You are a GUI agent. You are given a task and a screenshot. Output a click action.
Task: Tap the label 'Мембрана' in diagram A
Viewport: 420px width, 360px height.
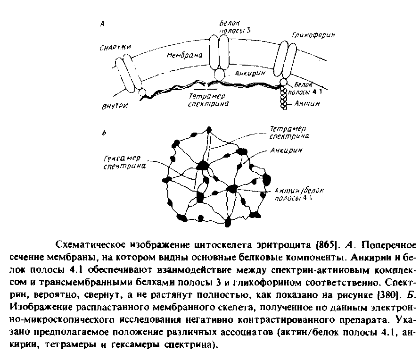(x=184, y=55)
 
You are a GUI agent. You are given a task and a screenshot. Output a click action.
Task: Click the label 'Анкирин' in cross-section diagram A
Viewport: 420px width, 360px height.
(x=250, y=74)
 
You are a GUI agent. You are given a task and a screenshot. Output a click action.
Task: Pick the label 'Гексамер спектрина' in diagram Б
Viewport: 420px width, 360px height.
(x=124, y=162)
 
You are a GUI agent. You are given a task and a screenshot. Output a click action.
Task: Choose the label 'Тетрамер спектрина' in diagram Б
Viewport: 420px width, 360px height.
(x=288, y=133)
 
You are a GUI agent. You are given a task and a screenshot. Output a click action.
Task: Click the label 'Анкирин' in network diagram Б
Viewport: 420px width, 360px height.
(x=286, y=151)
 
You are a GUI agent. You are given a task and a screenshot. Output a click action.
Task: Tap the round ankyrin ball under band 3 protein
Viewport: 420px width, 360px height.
(x=220, y=75)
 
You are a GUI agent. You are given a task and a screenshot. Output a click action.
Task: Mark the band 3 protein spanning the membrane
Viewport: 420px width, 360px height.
(x=220, y=52)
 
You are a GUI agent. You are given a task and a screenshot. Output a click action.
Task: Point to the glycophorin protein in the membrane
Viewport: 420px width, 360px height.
(x=284, y=59)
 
